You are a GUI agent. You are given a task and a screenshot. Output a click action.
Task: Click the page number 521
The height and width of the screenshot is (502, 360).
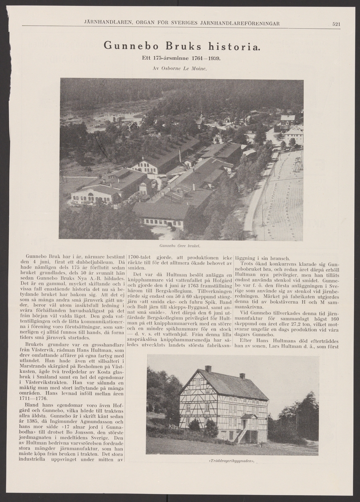336,24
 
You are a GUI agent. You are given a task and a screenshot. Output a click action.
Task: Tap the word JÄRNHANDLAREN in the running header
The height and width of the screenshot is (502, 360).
106,23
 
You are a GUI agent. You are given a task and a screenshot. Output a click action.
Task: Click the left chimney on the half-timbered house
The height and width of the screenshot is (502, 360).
208,369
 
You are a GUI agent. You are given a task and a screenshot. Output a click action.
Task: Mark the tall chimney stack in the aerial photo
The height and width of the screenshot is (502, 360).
180,155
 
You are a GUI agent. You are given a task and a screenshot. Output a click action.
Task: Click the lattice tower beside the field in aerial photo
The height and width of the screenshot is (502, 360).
298,163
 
